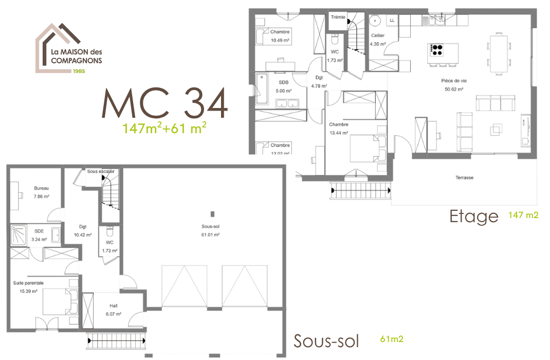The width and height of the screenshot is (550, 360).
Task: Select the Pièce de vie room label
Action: tap(453, 81)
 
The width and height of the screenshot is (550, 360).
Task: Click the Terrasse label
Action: tap(464, 177)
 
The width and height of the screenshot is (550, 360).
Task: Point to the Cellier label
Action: tap(378, 35)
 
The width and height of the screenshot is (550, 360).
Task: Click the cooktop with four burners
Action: tap(436, 50)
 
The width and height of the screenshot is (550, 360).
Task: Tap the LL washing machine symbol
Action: tap(392, 21)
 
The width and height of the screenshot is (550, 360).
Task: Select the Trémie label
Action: tap(338, 17)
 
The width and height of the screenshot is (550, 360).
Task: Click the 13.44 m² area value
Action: tap(339, 132)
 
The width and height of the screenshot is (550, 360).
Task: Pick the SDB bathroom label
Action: tap(283, 82)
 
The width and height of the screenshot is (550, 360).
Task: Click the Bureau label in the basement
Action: tap(42, 188)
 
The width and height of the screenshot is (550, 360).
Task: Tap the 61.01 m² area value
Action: tap(210, 234)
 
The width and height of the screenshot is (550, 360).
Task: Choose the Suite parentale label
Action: tap(28, 283)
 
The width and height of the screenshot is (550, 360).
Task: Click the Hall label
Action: tap(114, 305)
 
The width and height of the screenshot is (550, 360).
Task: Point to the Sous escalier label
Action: tap(101, 171)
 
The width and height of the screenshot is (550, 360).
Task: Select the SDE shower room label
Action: tap(39, 231)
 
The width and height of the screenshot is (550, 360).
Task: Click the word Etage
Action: tap(473, 216)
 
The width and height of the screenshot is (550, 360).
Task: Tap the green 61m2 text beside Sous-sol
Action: tap(392, 339)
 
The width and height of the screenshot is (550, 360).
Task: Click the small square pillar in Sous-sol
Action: tap(211, 213)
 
